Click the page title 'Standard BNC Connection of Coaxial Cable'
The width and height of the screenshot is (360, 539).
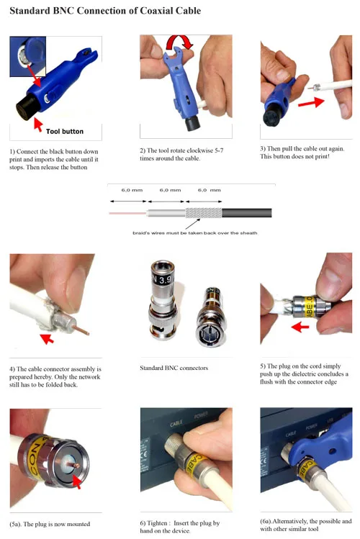[x=105, y=11]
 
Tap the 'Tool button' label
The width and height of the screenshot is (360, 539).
[x=65, y=131]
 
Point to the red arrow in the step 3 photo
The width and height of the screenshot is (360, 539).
[x=311, y=102]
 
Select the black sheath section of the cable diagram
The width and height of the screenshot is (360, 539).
[x=246, y=213]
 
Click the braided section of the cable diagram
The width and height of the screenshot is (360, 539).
[x=204, y=213]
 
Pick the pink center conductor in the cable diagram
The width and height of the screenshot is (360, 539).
[x=128, y=213]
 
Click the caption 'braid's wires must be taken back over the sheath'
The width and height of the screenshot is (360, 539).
[x=195, y=232]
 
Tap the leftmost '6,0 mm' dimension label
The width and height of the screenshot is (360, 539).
[x=132, y=190]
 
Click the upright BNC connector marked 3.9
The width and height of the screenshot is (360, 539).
[x=163, y=299]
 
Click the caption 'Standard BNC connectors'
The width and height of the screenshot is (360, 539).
[x=174, y=368]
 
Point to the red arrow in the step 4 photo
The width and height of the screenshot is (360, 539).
[x=47, y=338]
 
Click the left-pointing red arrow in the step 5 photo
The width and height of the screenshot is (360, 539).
[x=300, y=327]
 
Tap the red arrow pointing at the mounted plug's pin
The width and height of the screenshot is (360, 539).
[x=77, y=481]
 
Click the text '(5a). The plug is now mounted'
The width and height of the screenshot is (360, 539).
[x=50, y=524]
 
